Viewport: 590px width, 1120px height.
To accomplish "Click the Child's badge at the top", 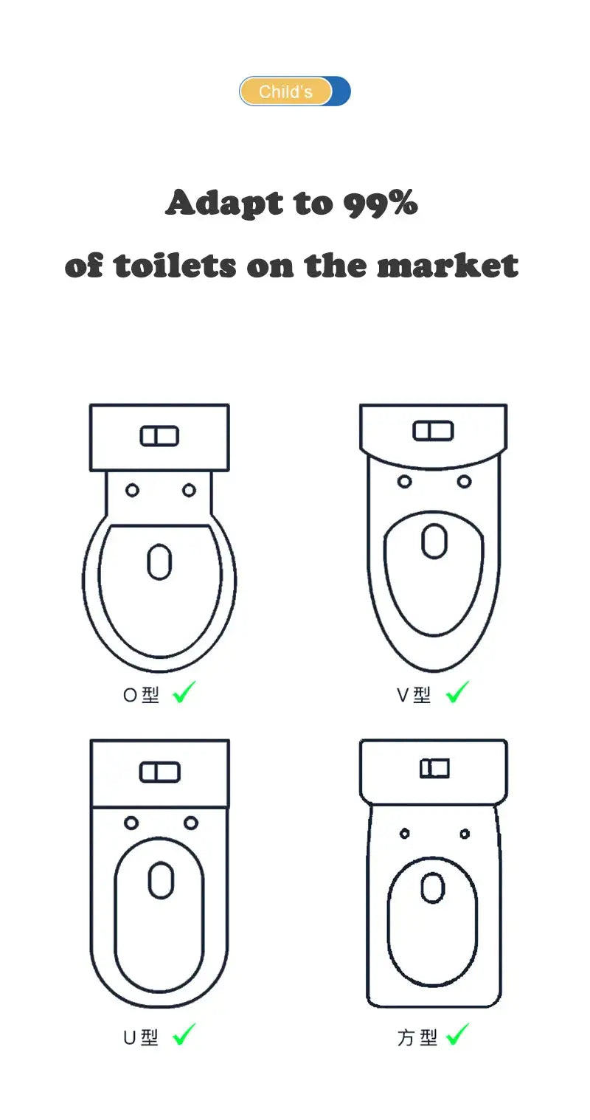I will [x=294, y=91].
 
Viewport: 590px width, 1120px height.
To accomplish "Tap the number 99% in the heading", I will [x=381, y=203].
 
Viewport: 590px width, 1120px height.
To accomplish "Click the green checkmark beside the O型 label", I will [x=184, y=692].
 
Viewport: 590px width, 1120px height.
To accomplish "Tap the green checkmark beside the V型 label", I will [x=457, y=692].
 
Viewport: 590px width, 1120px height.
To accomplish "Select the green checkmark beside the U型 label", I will [x=184, y=1034].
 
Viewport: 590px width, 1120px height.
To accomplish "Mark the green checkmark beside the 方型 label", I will [x=457, y=1034].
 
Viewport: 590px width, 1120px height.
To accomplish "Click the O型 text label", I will [x=141, y=695].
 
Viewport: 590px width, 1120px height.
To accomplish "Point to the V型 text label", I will [x=414, y=695].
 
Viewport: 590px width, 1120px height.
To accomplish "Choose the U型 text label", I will [x=141, y=1037].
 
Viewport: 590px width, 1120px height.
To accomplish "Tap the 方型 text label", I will [x=417, y=1037].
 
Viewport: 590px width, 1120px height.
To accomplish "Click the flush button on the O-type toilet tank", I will [x=159, y=436].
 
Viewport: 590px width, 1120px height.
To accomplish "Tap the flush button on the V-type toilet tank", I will [x=433, y=431].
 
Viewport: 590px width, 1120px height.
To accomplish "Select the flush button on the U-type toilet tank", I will [x=159, y=772].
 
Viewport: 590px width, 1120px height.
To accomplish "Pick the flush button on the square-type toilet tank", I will [x=434, y=768].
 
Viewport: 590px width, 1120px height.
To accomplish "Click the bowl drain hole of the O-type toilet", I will [x=159, y=561].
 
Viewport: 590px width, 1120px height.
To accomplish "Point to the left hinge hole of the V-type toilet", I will [x=404, y=482].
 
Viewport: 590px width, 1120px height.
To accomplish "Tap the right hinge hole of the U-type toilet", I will [x=190, y=823].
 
